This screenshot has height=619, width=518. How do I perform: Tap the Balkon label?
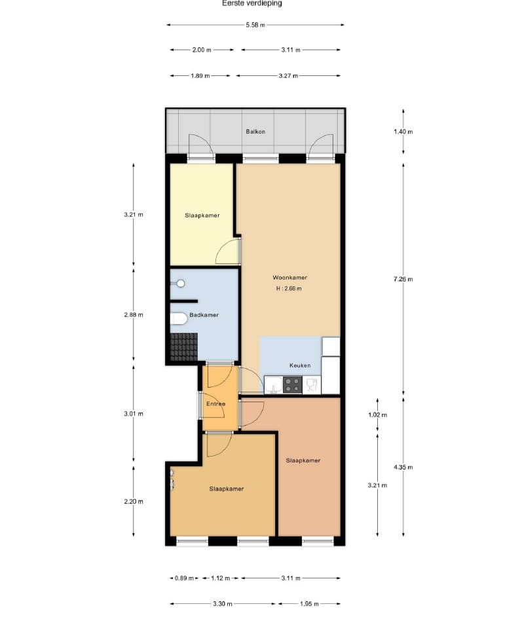point(255,132)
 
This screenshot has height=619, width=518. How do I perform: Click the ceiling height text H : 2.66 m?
point(289,288)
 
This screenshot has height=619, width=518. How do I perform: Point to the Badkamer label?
point(204,315)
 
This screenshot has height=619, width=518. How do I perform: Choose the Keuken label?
point(300,366)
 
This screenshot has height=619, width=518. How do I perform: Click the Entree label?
point(215,404)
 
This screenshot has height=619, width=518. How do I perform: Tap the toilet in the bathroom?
point(177,319)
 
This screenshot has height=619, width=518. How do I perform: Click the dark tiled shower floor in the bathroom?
point(184,347)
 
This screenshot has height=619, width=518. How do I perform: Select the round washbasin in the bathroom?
point(180,284)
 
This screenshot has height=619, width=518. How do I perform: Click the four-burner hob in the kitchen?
point(292,386)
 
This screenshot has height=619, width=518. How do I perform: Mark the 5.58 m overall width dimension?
point(255,25)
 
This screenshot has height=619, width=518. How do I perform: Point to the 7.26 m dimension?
point(403,279)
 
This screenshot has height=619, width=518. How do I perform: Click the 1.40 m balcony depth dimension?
point(403,132)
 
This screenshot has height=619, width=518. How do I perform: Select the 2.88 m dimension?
point(133,314)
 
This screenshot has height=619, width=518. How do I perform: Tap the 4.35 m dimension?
point(403,467)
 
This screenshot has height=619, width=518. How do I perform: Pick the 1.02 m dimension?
point(378,415)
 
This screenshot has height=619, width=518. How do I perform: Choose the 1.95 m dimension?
point(309,603)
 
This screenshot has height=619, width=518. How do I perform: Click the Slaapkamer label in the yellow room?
point(202,215)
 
